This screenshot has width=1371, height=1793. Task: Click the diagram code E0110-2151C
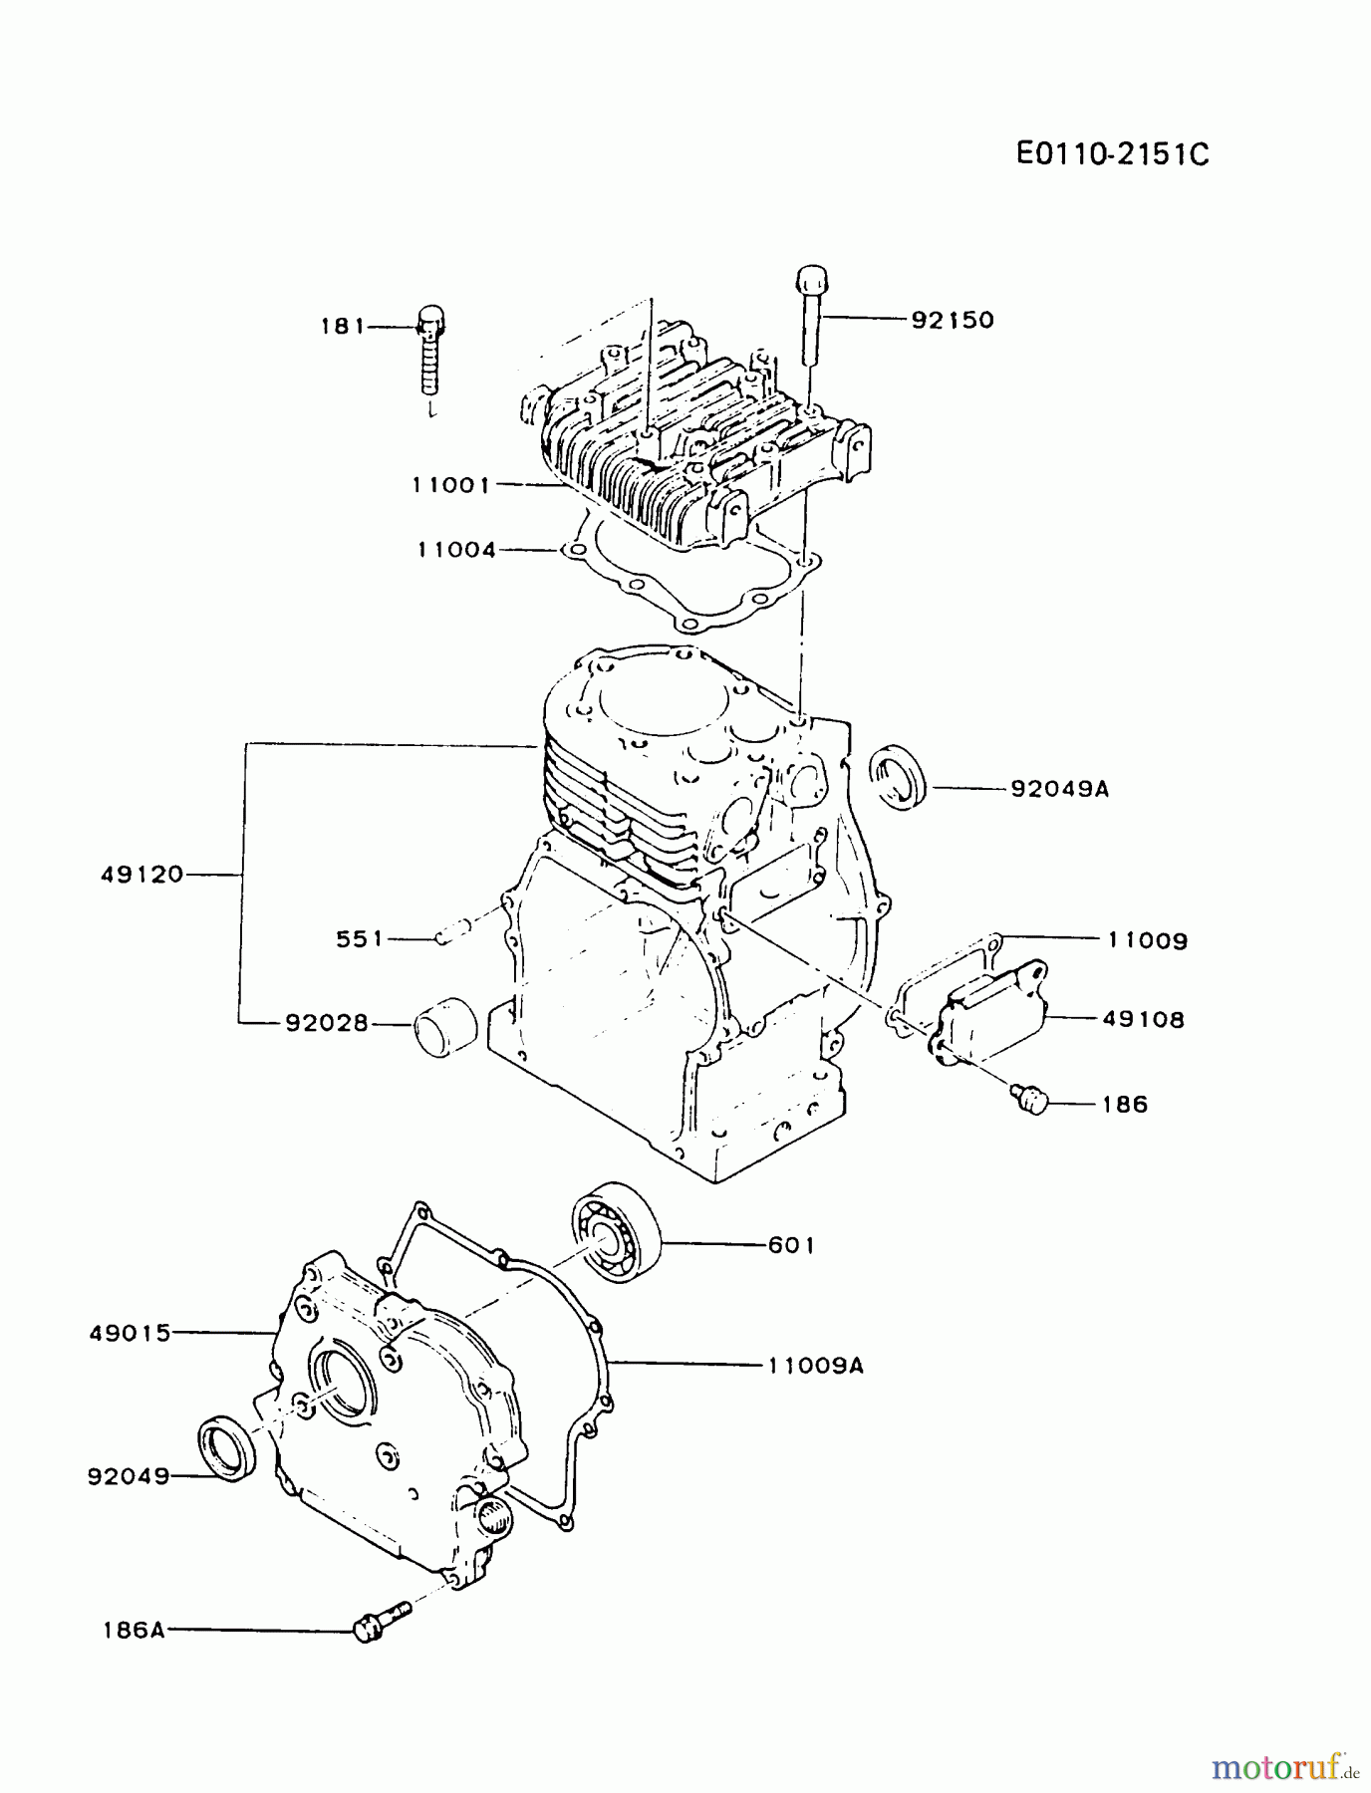pos(1112,154)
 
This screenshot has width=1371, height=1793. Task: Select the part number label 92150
pos(953,320)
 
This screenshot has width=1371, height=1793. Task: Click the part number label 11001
pos(451,485)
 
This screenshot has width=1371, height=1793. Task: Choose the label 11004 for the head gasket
pos(456,549)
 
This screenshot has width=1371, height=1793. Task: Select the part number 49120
pos(142,875)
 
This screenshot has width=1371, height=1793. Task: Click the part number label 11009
pos(1147,939)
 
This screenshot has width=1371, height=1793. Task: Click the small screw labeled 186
pos(1029,1100)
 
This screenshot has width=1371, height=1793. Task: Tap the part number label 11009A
pos(815,1366)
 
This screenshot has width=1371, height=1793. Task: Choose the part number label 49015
pos(130,1333)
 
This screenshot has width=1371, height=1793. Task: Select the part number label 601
pos(791,1245)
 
